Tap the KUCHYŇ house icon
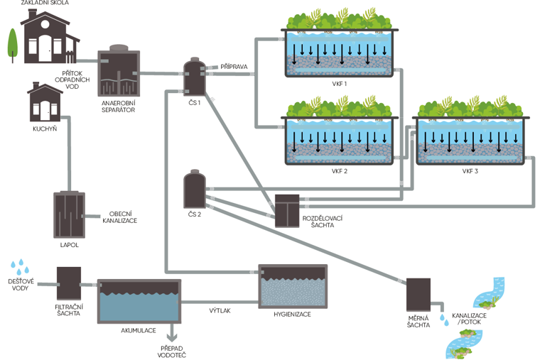(44, 104)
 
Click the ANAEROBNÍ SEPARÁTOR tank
(119, 72)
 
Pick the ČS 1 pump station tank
(193, 77)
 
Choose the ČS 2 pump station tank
(193, 188)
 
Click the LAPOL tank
(69, 214)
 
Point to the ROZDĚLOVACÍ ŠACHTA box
(287, 210)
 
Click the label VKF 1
(338, 84)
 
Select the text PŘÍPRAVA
(234, 67)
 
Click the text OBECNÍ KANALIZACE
(122, 217)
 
